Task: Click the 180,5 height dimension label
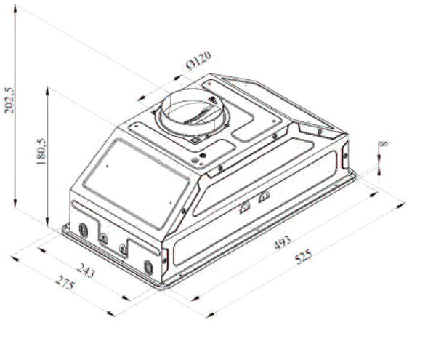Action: click(x=41, y=151)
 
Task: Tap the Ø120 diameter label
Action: click(x=198, y=60)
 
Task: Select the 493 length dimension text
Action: click(x=282, y=242)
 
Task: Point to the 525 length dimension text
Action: click(x=304, y=257)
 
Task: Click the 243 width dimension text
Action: click(x=86, y=270)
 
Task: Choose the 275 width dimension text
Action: click(x=65, y=283)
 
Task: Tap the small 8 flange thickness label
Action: click(x=383, y=143)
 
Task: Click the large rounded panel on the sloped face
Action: click(x=137, y=183)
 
